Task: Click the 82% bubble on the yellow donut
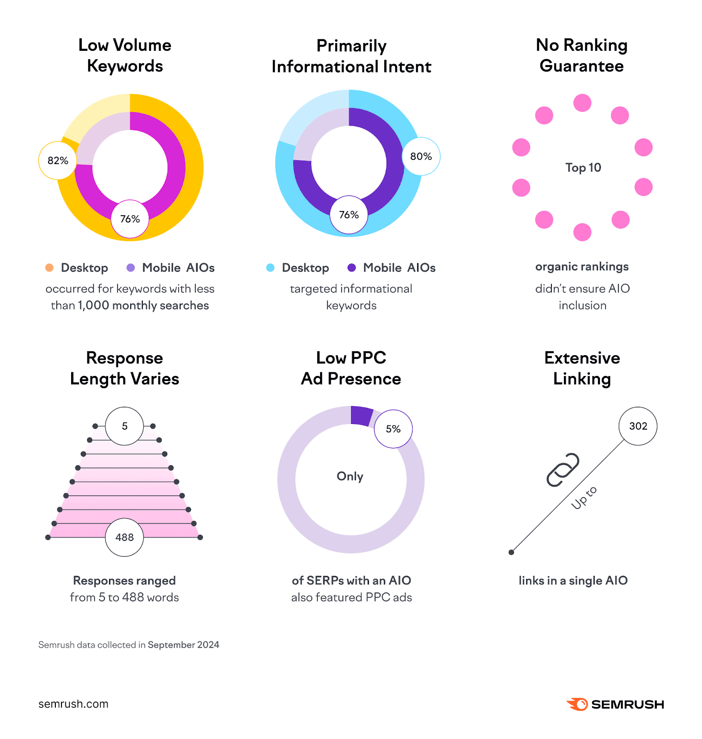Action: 57,160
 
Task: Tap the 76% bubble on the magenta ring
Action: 130,219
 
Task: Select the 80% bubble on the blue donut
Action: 421,156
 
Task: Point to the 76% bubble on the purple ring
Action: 349,215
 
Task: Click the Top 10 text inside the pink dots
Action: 583,168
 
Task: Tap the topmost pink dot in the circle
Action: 582,103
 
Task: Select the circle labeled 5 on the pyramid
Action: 124,426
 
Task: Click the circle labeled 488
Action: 124,537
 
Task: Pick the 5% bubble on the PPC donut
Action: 393,429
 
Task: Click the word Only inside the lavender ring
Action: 350,476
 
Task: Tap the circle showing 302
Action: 638,426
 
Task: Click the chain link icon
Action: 563,469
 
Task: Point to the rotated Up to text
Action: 584,497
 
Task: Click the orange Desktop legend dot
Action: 49,267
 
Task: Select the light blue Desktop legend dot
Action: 270,267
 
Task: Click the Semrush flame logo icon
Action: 577,704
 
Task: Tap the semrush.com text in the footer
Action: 73,704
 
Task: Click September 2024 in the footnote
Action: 183,645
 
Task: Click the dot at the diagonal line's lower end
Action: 511,552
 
